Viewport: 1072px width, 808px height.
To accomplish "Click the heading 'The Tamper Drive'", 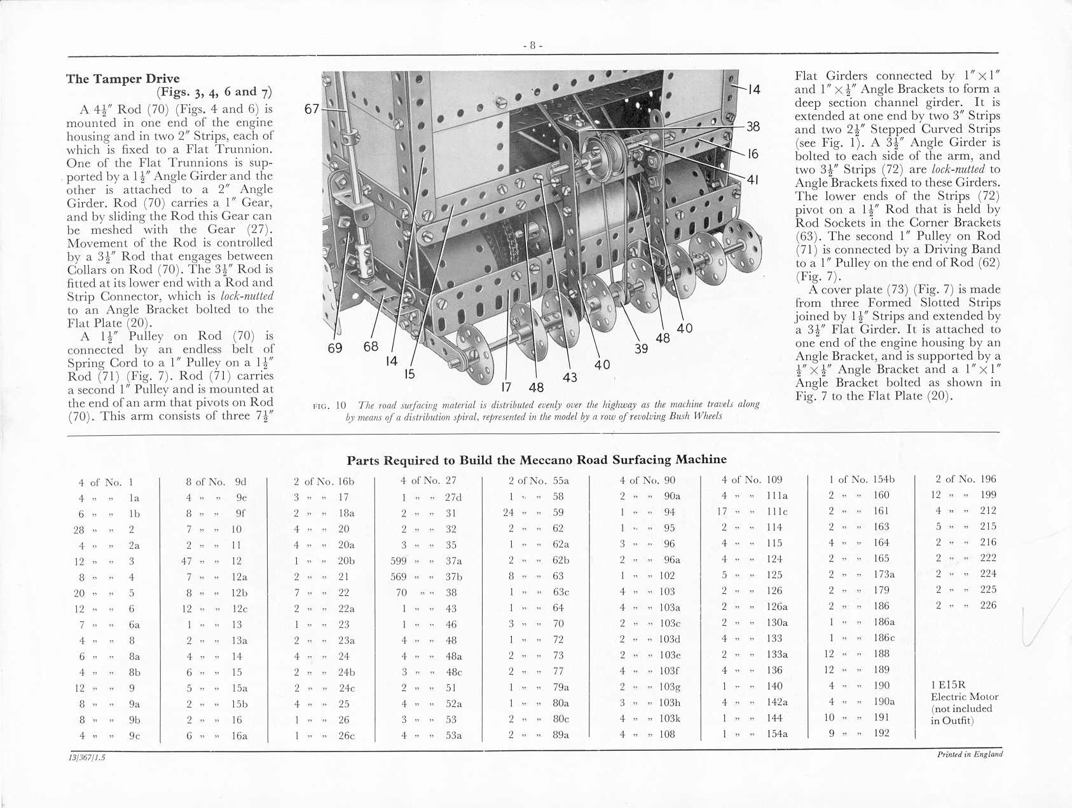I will click(x=123, y=79).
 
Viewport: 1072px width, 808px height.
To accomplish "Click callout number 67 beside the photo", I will click(x=312, y=109).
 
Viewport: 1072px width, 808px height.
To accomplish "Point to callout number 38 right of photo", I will click(x=753, y=126).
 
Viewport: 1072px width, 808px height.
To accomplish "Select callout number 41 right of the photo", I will click(x=753, y=180).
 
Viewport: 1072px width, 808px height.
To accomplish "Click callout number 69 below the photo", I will click(x=335, y=348).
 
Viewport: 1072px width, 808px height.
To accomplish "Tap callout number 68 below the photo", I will click(x=371, y=346).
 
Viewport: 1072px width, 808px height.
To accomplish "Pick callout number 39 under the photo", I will click(x=642, y=348).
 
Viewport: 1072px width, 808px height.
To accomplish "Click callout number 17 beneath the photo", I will click(x=506, y=387).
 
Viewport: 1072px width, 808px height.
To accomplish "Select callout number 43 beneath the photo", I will click(x=570, y=377).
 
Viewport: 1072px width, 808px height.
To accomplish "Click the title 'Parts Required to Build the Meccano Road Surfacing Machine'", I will click(x=536, y=460).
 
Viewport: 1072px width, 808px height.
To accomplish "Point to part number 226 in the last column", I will click(x=988, y=605).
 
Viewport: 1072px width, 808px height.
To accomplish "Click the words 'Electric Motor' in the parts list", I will click(x=965, y=697).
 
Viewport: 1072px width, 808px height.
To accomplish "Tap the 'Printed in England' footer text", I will click(x=970, y=755).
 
